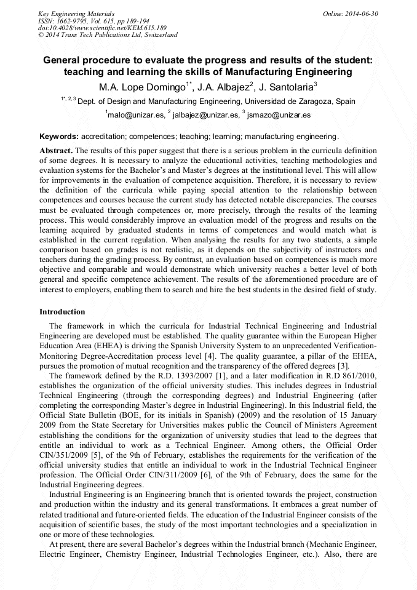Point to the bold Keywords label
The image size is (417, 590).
pos(59,136)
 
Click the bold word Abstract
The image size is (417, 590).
pos(56,150)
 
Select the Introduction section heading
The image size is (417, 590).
pos(62,312)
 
